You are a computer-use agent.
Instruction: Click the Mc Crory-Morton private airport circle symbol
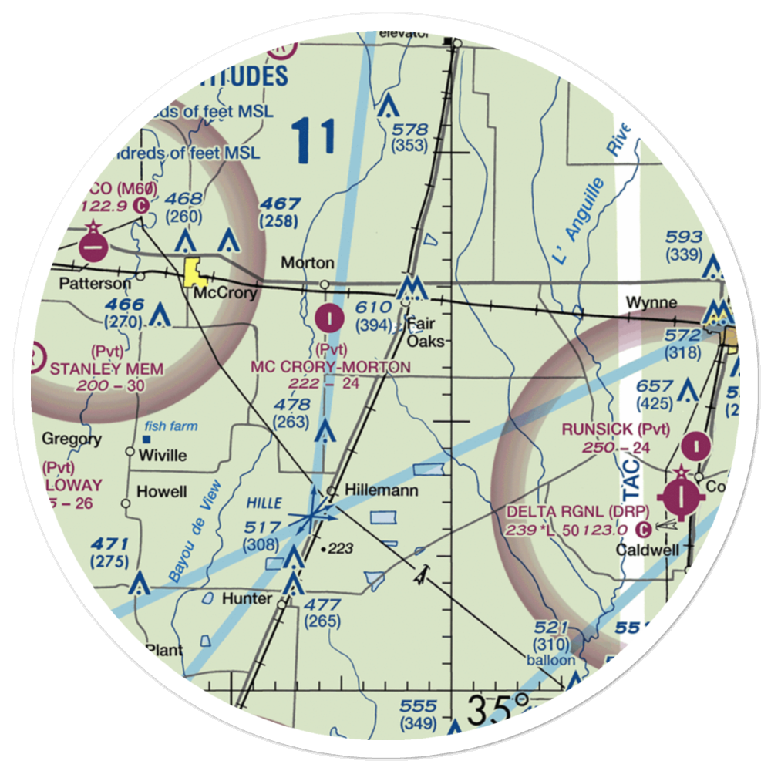tap(331, 315)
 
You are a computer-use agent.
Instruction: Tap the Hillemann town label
tap(371, 490)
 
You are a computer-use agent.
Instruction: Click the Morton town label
tap(307, 263)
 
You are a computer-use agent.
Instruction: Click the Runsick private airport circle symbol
tap(698, 445)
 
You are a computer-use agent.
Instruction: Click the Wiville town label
tap(162, 455)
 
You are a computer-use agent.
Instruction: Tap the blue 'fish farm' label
tap(171, 426)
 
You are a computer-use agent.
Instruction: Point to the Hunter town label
tap(247, 599)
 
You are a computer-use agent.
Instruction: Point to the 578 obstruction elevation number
tap(409, 129)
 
